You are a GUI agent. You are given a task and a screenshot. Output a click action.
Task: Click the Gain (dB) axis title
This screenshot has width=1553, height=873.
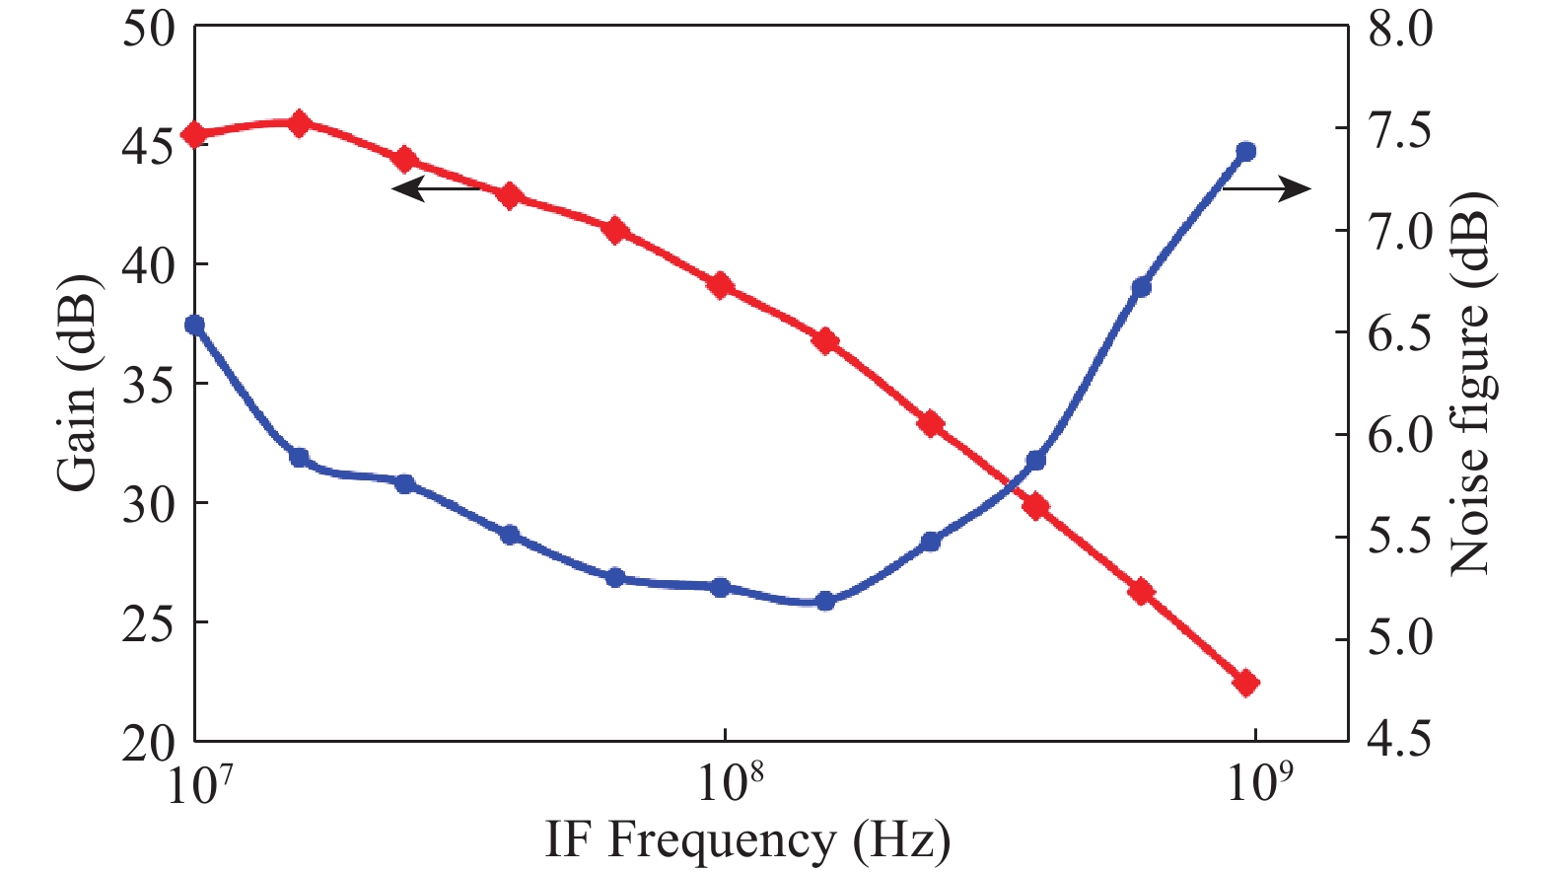coord(76,383)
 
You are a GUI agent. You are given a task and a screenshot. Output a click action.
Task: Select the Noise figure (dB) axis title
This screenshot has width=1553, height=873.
coord(1470,383)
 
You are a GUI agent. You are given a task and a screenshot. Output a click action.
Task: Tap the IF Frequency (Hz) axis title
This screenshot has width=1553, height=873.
coord(747,840)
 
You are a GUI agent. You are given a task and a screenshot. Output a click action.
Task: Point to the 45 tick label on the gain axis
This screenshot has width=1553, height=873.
coord(148,146)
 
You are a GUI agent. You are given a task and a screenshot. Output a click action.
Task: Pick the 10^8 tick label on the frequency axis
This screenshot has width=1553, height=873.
coord(730,784)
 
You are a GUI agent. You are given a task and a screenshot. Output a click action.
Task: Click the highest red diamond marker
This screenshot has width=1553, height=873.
coord(300,123)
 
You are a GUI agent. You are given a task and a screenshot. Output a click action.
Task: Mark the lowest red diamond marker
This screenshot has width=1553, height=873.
coord(1245,683)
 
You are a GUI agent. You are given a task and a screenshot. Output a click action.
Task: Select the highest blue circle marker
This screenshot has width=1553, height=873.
coord(1245,152)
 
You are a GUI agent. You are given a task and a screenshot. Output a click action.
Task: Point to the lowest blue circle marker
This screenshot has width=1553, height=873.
coord(825,602)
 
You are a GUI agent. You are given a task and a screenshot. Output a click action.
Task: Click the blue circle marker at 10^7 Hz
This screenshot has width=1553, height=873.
coord(195,325)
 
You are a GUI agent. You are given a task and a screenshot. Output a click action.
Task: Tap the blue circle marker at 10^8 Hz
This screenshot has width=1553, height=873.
coord(721,588)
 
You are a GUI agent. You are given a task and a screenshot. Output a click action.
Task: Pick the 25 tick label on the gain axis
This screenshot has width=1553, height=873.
coord(148,623)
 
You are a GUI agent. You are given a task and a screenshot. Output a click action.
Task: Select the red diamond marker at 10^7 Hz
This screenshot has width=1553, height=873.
coord(195,135)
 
